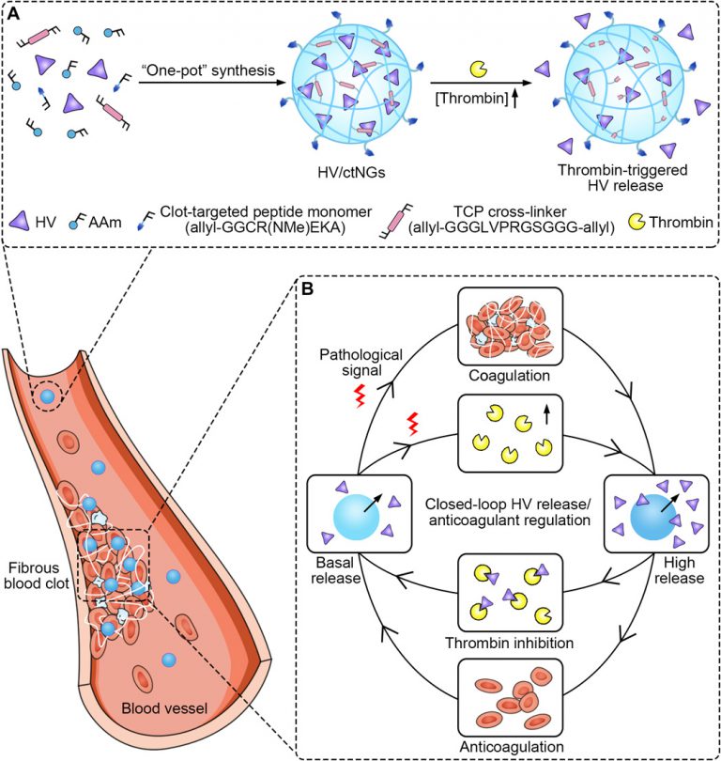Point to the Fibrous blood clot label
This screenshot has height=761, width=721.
tap(35, 575)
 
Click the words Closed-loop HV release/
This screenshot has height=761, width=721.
tap(507, 501)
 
